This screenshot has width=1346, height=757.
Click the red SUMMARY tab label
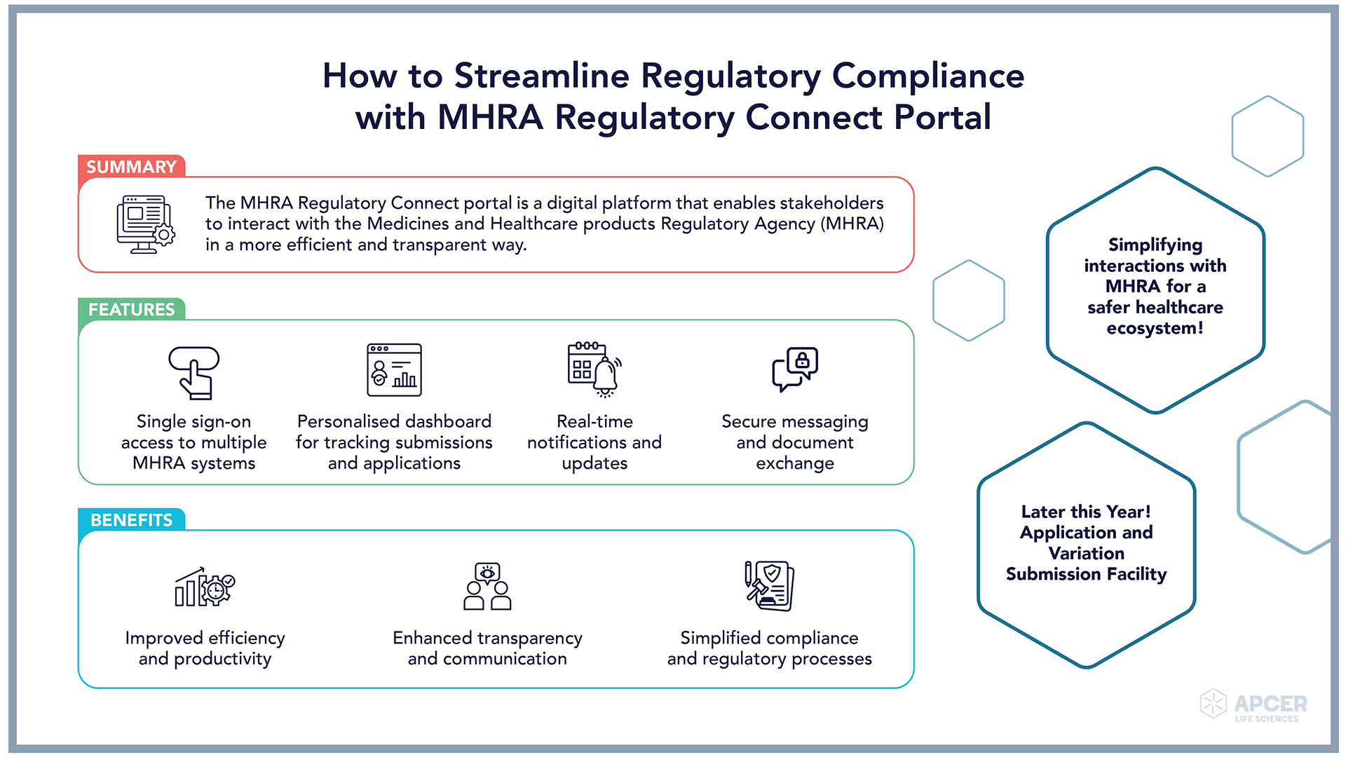131,167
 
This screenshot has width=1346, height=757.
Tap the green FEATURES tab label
131,309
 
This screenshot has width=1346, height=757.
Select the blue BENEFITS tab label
131,520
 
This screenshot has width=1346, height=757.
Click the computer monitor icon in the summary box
145,224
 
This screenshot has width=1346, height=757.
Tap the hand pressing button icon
194,372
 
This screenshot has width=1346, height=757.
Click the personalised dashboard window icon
394,370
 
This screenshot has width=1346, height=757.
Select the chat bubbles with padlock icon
795,369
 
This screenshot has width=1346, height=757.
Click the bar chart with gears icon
205,587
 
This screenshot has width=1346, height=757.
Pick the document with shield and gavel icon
769,586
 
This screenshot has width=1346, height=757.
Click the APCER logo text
1270,704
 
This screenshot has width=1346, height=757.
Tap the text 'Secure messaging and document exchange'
795,442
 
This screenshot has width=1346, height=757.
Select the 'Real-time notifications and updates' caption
594,442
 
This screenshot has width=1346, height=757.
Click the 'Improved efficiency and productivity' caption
205,648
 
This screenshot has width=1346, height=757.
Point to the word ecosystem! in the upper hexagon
1155,328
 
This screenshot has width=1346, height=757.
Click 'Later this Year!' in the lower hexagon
1086,512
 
